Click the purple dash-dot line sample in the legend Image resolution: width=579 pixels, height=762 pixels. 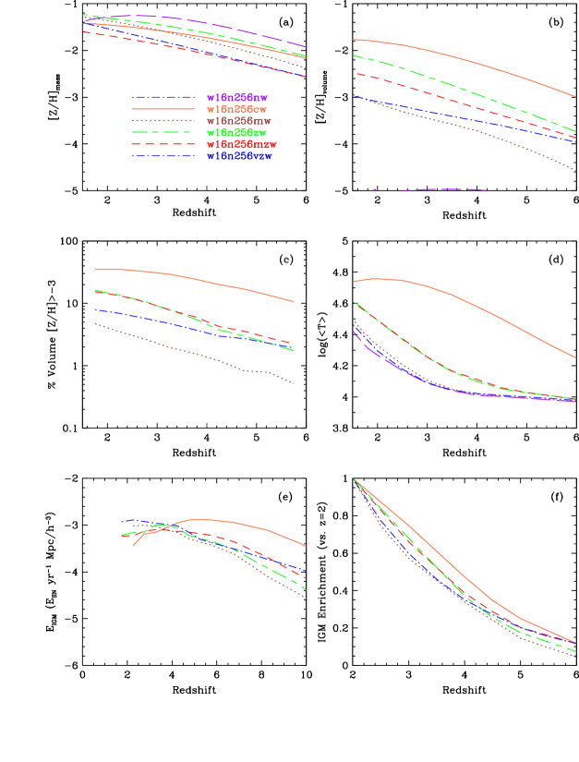[163, 97]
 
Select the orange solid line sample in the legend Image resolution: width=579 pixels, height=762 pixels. [163, 109]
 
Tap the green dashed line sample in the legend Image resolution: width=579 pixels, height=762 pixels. [163, 133]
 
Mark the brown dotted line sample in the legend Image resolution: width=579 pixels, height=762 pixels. [163, 121]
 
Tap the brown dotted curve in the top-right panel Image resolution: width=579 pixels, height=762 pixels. [462, 129]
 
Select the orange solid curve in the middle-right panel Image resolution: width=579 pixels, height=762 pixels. [462, 299]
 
